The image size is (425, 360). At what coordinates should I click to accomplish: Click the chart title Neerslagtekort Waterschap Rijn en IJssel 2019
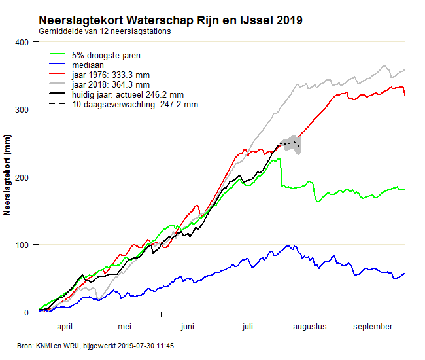point(170,20)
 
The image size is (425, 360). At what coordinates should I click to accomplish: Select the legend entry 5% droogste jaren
point(107,55)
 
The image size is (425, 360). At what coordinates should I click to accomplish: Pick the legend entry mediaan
point(88,65)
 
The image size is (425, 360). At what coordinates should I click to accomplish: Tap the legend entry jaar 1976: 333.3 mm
point(111,75)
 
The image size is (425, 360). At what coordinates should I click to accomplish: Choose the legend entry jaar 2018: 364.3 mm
point(111,84)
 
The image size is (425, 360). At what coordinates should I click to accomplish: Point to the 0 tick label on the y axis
point(28,312)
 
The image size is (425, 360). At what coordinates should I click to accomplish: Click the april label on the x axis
point(69,326)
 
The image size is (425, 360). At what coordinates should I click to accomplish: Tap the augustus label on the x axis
point(309,326)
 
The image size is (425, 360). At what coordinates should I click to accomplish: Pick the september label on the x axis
point(372,326)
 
